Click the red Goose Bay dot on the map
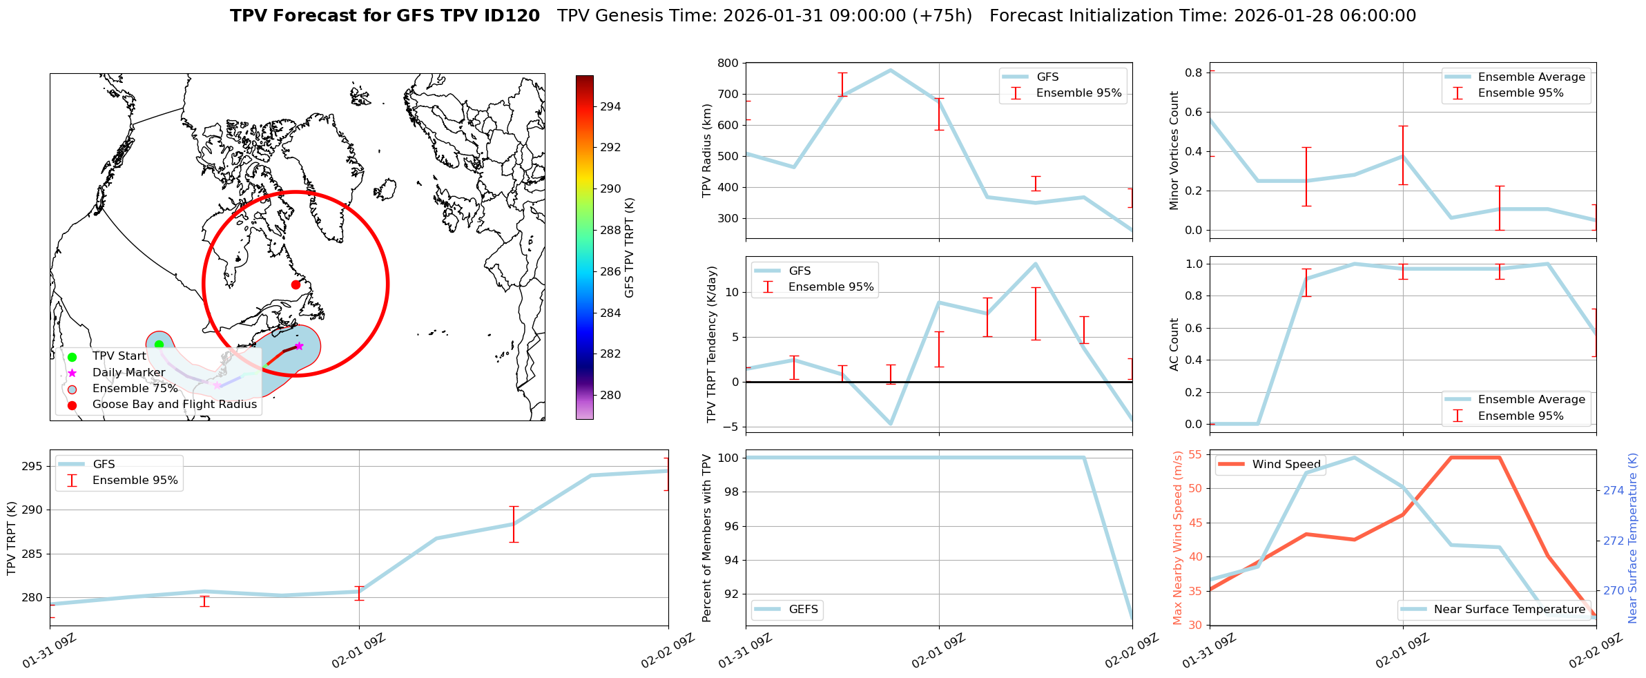[x=296, y=284]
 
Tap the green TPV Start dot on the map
[x=159, y=345]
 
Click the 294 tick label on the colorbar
[x=610, y=106]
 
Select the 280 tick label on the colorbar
[x=610, y=395]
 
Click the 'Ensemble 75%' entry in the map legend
[x=135, y=389]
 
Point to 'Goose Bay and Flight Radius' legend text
[x=174, y=405]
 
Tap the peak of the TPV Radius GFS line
[x=891, y=70]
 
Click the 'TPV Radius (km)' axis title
[x=706, y=151]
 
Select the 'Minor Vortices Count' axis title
[x=1174, y=151]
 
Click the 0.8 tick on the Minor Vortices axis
[x=1194, y=72]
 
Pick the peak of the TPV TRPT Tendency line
[x=1036, y=263]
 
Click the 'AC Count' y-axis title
[x=1174, y=345]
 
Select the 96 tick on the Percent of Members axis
[x=729, y=526]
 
